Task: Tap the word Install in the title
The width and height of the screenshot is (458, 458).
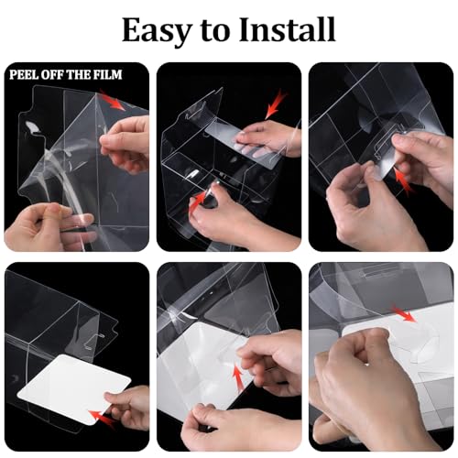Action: (287, 29)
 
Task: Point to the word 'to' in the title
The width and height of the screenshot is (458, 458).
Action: (215, 31)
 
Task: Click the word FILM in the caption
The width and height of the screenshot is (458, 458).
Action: (107, 75)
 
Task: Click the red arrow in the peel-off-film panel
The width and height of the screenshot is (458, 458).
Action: (112, 100)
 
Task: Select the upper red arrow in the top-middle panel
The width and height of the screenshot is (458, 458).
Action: (276, 104)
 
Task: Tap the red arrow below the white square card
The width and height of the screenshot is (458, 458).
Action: (102, 419)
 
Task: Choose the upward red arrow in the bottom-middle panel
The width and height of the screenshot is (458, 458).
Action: (239, 376)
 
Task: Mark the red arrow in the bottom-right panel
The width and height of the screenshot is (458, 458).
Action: (404, 313)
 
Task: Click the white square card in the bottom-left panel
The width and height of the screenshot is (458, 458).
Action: (74, 389)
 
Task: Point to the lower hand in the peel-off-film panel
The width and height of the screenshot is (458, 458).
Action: (46, 227)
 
